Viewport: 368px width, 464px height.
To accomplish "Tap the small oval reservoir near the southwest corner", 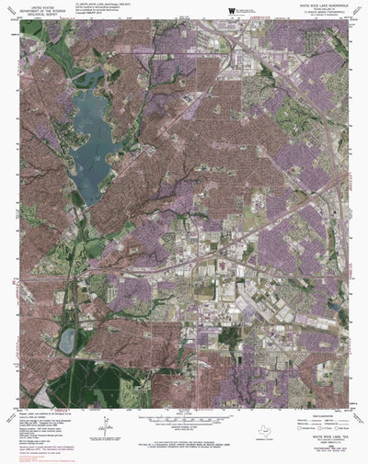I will click(66, 342).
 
